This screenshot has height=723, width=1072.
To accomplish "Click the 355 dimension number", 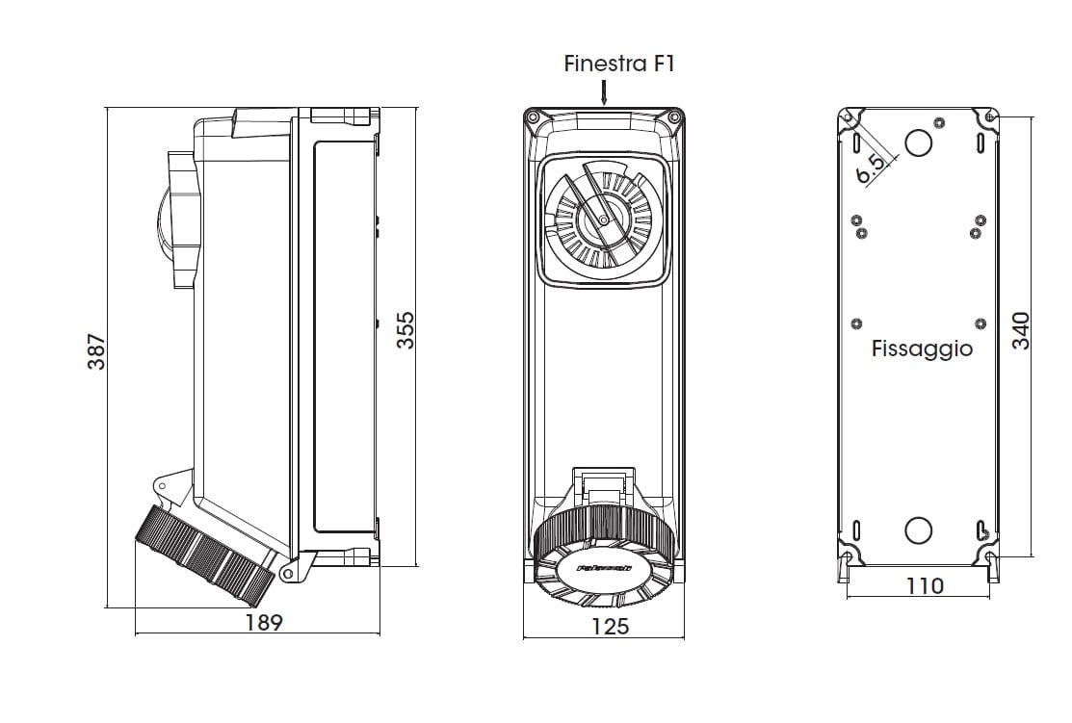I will (405, 330).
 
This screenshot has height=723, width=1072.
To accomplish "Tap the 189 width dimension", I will (263, 622).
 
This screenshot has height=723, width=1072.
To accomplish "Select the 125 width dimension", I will (609, 626).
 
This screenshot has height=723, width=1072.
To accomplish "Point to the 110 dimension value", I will (925, 585).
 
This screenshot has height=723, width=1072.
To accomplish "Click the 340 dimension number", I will (1021, 330).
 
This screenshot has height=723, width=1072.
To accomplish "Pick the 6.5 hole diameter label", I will (871, 168).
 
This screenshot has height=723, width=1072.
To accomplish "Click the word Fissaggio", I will (922, 349).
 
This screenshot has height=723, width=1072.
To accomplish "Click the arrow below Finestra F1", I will (604, 92).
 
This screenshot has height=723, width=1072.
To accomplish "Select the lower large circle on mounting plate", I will (919, 529).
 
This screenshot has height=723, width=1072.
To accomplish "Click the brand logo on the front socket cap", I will (604, 568).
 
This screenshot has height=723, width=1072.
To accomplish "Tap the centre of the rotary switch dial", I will (603, 220).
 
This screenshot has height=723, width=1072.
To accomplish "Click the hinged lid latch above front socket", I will (603, 480).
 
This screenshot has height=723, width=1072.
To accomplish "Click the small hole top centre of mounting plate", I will (939, 122).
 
